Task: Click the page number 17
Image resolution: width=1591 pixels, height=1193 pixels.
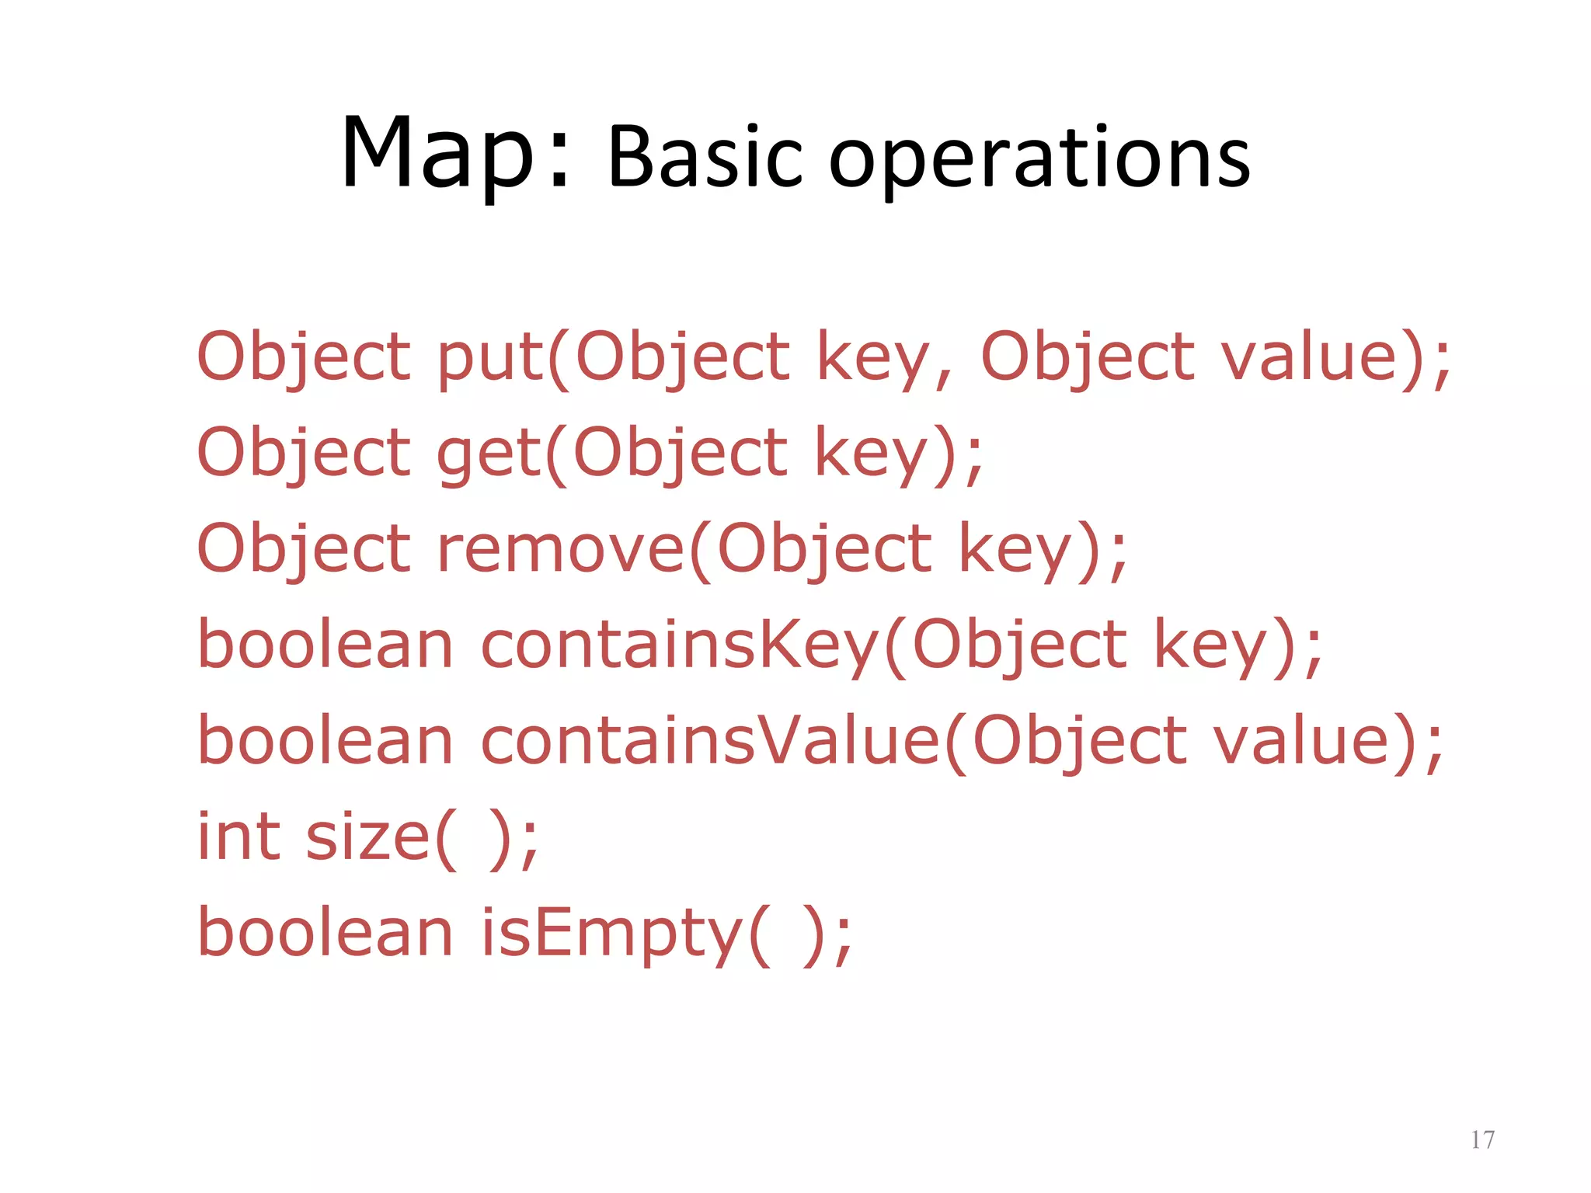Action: pos(1482,1139)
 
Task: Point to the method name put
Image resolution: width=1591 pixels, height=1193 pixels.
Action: pos(489,358)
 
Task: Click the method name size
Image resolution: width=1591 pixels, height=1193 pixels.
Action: pos(367,836)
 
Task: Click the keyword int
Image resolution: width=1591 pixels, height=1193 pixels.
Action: pos(238,836)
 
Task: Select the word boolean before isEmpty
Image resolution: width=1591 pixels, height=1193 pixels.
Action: pos(326,933)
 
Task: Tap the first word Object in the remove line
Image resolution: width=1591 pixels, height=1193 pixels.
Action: pos(304,549)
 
